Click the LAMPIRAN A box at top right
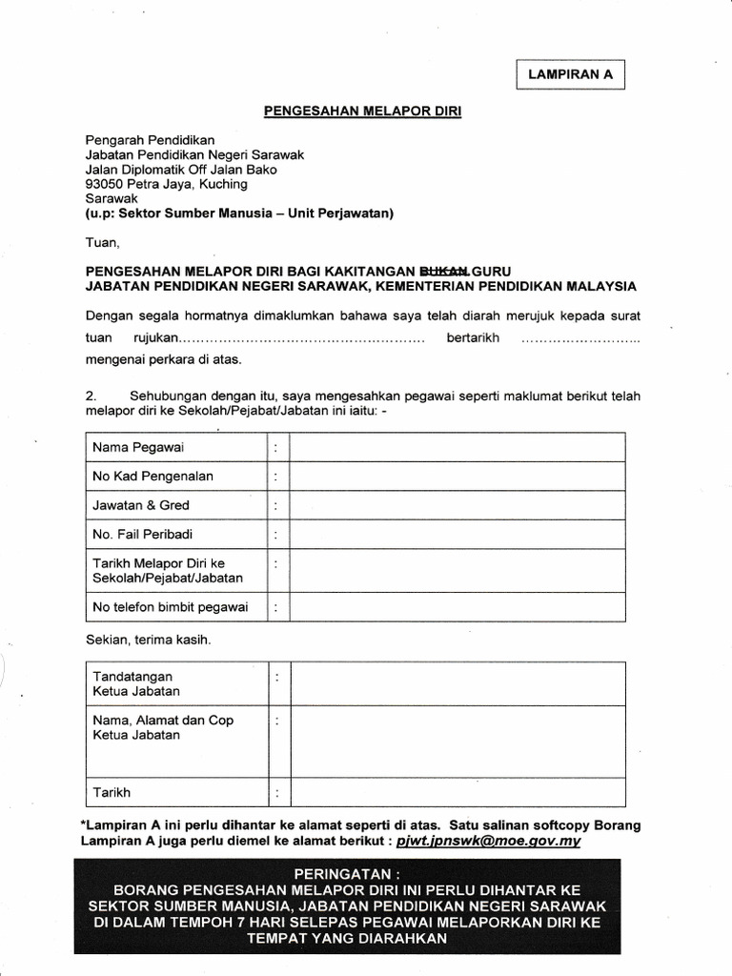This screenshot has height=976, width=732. coord(570,73)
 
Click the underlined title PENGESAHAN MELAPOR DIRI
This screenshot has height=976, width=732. coord(362,112)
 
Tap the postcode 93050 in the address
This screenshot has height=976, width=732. coord(104,184)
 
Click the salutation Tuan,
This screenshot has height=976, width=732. coord(102,243)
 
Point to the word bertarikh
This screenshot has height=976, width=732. coord(473,338)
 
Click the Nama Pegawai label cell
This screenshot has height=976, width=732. coord(138,447)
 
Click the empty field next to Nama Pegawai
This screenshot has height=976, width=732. coord(457,447)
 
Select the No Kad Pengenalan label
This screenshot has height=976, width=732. coord(152,477)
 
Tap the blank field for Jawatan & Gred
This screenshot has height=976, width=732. coord(457,505)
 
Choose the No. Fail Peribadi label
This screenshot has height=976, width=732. coord(142,535)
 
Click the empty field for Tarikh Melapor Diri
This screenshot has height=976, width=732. coord(457,570)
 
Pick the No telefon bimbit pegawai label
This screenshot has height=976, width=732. coord(170,606)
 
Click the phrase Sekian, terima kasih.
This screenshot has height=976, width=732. coord(148,640)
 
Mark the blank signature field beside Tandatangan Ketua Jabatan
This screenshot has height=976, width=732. coord(457,683)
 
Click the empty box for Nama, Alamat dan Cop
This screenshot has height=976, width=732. coord(457,741)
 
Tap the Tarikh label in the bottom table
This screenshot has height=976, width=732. coord(112,792)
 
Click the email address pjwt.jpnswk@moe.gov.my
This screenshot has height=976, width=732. coord(488,842)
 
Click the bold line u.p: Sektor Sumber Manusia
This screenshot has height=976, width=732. coord(239,213)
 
